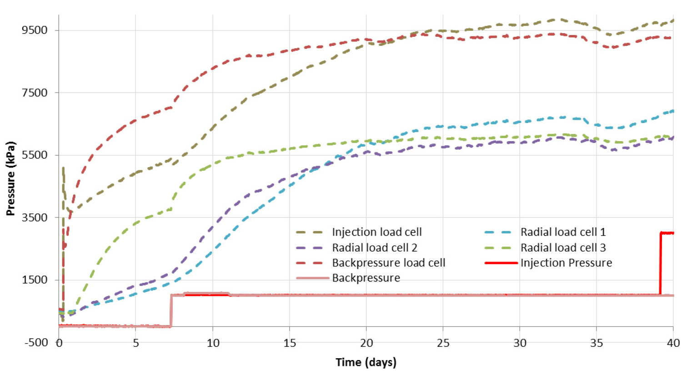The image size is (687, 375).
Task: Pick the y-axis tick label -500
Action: pos(36,342)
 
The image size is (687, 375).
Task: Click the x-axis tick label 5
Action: pos(135,343)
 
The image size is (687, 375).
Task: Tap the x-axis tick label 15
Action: pos(289,343)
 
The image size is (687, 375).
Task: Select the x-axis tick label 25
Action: pos(443,343)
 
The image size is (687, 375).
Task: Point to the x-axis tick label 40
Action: pos(673,343)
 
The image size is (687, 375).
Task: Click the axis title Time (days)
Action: pos(366,362)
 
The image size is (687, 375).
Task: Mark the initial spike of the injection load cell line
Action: pos(63,169)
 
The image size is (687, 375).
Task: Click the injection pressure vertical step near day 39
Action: pos(660,263)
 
